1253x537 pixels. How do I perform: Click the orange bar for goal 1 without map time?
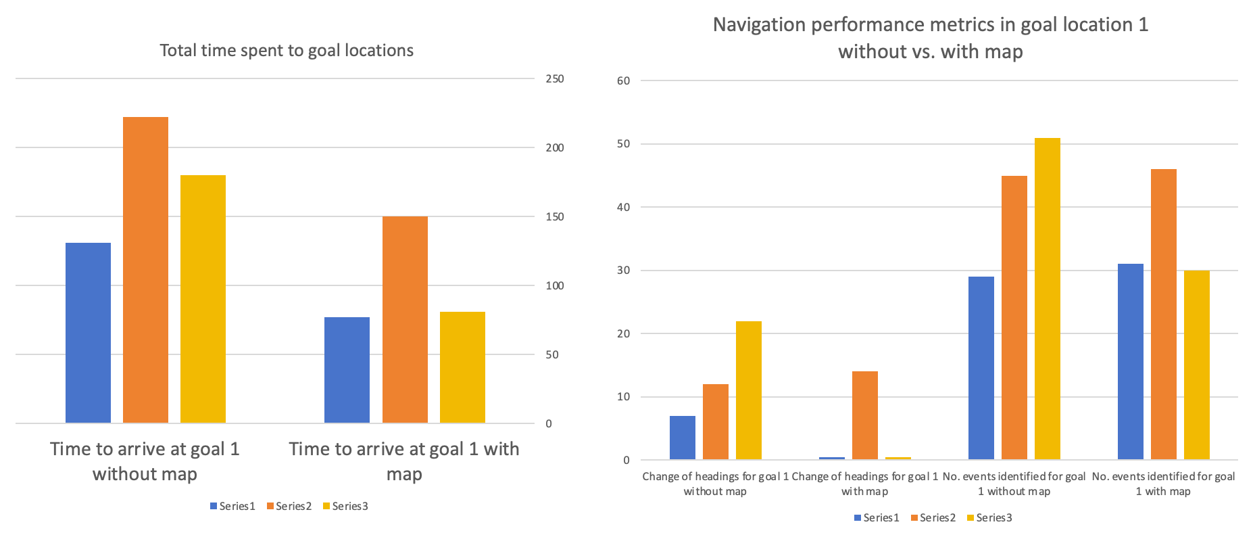pos(145,271)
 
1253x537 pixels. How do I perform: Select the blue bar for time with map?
pos(347,370)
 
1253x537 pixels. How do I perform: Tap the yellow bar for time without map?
pos(203,299)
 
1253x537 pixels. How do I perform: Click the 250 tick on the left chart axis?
pos(554,79)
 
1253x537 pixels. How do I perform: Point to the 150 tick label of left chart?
pos(554,217)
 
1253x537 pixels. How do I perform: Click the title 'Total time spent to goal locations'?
pos(287,51)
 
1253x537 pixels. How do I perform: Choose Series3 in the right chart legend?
pos(993,518)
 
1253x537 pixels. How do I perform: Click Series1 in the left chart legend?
pos(237,507)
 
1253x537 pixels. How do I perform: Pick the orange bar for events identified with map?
pos(1163,314)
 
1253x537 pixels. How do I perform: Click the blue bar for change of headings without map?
pos(682,438)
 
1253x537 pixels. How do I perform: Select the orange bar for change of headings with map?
pos(864,415)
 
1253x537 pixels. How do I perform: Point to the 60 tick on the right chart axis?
pos(623,81)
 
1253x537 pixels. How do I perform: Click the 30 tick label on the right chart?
pos(623,271)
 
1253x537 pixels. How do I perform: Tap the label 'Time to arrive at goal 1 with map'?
pos(404,461)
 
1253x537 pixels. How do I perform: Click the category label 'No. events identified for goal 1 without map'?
pos(1014,484)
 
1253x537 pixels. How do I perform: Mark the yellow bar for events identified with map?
pos(1196,365)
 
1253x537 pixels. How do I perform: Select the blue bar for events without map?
pos(981,368)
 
